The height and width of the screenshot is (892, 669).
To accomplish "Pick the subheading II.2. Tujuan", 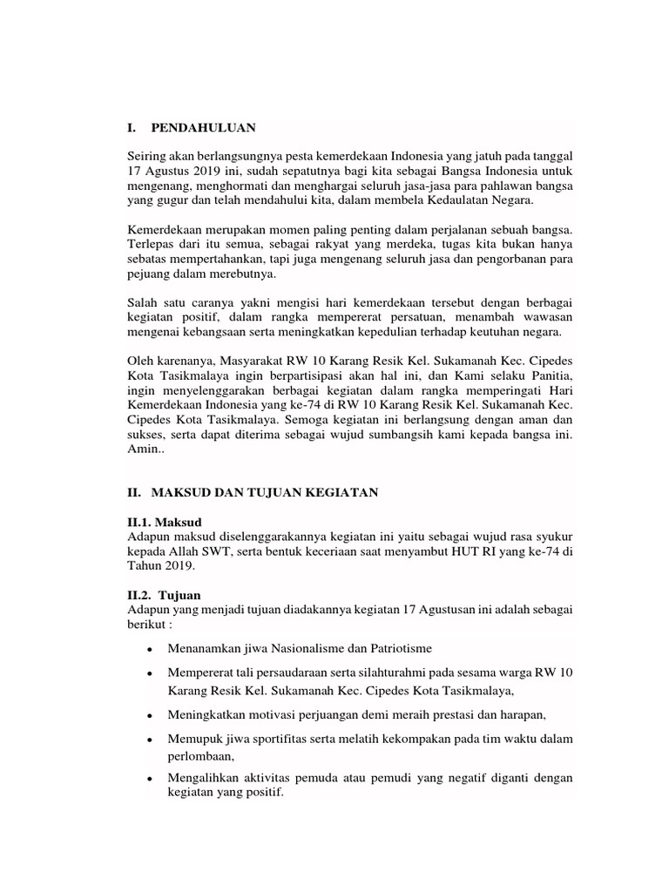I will coord(164,595).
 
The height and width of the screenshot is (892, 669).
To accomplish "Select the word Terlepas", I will coord(151,244).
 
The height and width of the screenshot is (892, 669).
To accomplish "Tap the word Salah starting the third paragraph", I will coord(143,302).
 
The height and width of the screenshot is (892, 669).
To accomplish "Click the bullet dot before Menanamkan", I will coord(151,650).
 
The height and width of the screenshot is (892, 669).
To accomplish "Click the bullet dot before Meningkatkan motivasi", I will coord(151,716).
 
